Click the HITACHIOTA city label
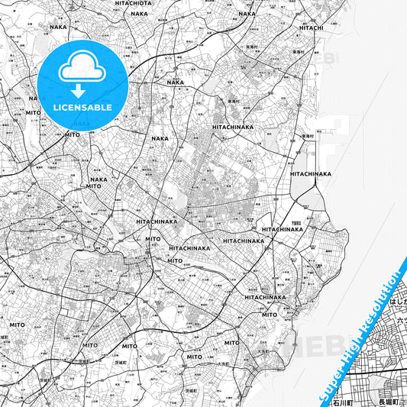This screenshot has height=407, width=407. (134, 3)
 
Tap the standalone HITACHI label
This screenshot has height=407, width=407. (312, 27)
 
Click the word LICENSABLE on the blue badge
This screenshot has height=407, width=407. (83, 108)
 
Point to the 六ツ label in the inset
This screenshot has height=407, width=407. (400, 323)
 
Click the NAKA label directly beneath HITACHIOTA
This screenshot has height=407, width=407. (139, 14)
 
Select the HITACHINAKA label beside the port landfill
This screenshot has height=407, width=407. (311, 173)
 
